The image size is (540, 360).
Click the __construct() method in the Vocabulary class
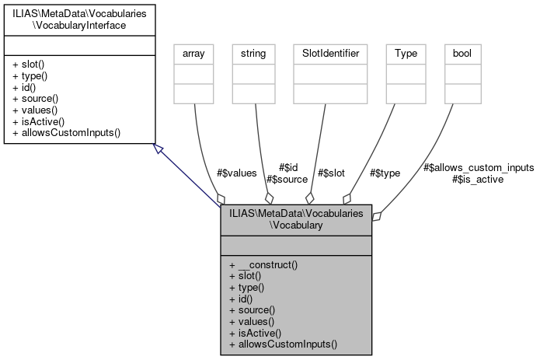coord(264,264)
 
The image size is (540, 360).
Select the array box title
coord(193,54)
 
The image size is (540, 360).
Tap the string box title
coord(253,54)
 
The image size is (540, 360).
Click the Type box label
coord(406,54)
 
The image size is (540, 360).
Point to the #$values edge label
coord(236,173)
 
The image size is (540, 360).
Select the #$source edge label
coord(287,179)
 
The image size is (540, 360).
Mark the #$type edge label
coord(385,173)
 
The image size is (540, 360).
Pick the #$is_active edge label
coord(478,179)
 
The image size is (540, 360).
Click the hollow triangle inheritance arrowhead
coord(158,148)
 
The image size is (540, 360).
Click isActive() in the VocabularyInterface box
coord(39,121)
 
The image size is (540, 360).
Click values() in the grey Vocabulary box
coord(253,320)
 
